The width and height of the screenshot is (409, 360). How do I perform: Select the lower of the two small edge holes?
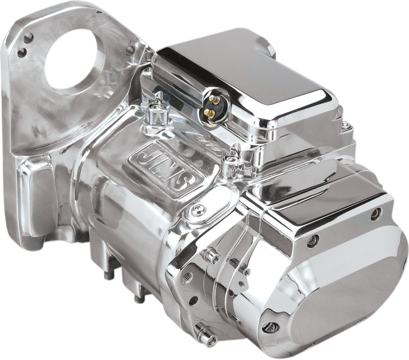[x=22, y=54]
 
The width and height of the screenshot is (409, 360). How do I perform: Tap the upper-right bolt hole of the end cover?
[x=376, y=212]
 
